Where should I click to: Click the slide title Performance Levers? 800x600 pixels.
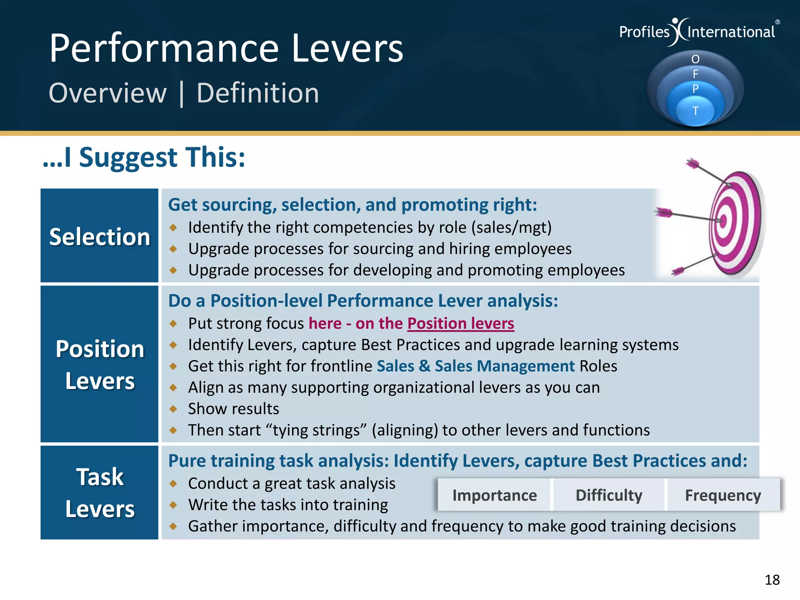[226, 48]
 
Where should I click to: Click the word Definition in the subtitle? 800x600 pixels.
[257, 93]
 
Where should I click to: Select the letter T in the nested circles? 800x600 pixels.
[695, 111]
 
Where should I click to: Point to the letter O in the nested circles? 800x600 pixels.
[695, 59]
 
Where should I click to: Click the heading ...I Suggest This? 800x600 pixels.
[144, 157]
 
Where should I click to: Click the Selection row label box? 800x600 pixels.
[100, 236]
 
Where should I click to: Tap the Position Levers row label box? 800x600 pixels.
[100, 364]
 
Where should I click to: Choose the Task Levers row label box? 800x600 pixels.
[100, 493]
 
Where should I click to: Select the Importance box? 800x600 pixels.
[494, 495]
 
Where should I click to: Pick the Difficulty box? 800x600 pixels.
[609, 495]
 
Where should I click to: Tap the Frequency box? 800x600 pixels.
[723, 495]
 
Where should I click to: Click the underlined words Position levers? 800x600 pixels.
[461, 323]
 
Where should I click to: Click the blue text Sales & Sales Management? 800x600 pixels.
[475, 366]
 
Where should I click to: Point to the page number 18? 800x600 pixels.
[772, 580]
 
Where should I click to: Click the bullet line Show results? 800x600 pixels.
[234, 409]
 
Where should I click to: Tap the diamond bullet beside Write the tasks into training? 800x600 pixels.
[173, 505]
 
